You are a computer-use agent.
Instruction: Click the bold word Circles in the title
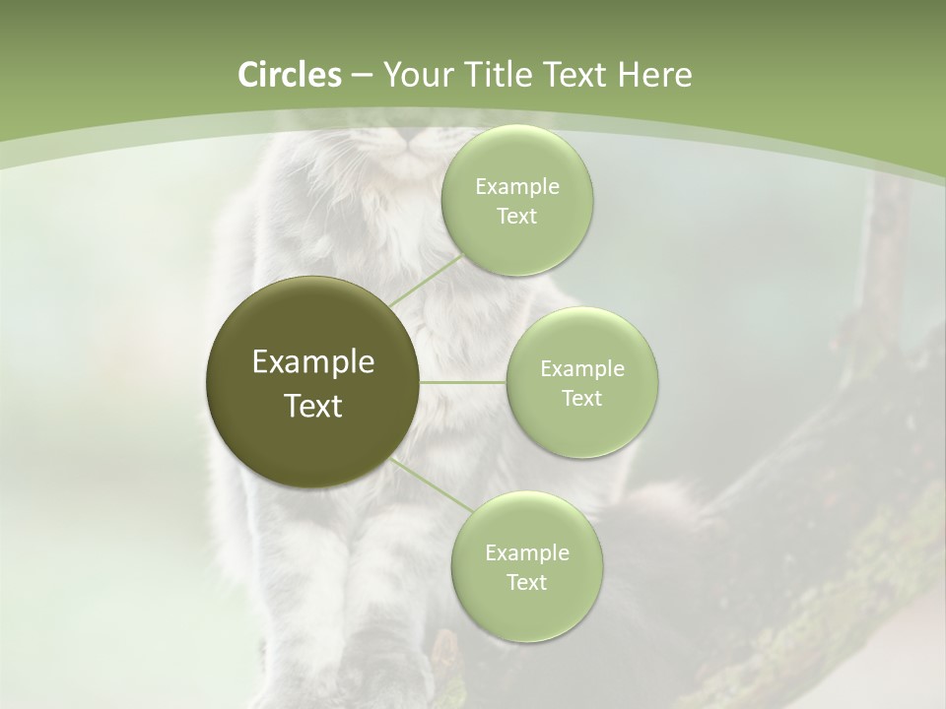289,75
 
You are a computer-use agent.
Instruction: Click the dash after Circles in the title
362,76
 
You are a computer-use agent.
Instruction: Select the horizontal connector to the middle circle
463,382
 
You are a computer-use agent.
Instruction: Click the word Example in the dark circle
313,362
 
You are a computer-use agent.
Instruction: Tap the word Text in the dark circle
313,406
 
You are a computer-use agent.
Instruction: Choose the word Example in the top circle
517,187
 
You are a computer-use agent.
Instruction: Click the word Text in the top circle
516,217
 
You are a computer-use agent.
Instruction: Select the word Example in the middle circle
582,369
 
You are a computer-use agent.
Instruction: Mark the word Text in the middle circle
581,399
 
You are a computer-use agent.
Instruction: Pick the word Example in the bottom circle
527,553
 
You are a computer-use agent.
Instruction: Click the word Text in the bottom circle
526,583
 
